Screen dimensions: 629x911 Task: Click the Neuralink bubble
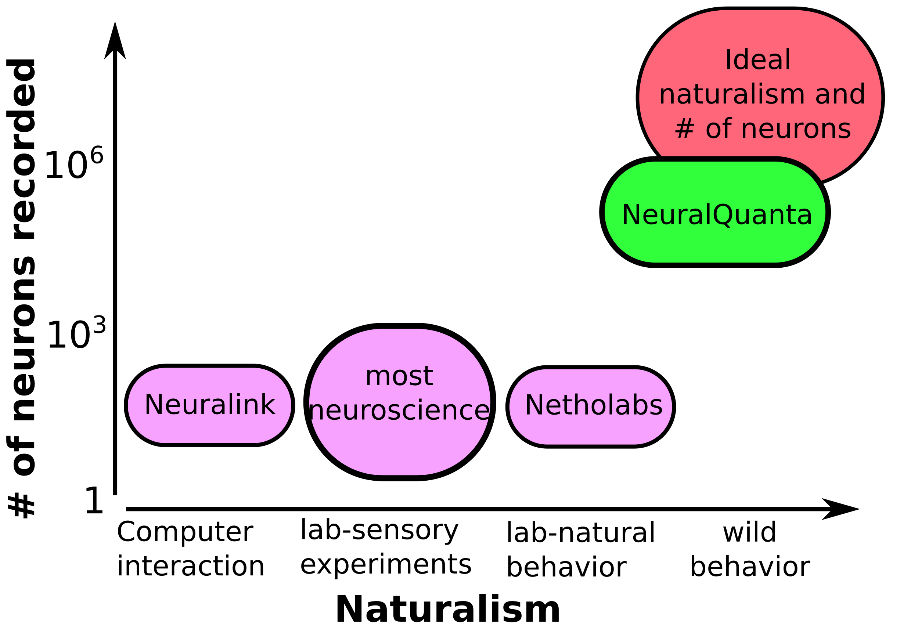click(209, 405)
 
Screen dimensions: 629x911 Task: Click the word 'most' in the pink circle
click(399, 376)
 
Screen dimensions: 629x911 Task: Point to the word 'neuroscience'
click(399, 411)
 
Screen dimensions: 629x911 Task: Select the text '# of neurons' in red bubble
click(762, 129)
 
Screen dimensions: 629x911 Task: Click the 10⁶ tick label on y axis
click(74, 163)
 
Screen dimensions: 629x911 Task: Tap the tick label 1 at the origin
click(94, 501)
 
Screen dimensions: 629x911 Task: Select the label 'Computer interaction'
click(190, 549)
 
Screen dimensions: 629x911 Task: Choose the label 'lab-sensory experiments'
click(385, 547)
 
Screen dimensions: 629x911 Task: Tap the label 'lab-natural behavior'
click(580, 550)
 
